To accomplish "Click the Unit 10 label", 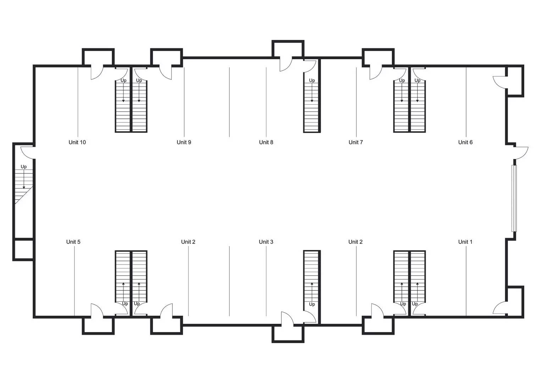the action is (77, 142).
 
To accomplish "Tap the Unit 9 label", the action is (184, 142).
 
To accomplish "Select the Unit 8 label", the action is (266, 142).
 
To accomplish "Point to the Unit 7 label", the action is (356, 142).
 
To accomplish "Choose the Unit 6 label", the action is (465, 142).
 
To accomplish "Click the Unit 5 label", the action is (73, 242).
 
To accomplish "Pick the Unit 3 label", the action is (266, 242).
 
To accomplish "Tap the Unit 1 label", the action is (465, 242).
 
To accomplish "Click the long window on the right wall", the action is (514, 198).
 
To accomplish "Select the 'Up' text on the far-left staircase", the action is (24, 167).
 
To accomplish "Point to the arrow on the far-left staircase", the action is (24, 179).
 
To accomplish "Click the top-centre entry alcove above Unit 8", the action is (288, 49).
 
